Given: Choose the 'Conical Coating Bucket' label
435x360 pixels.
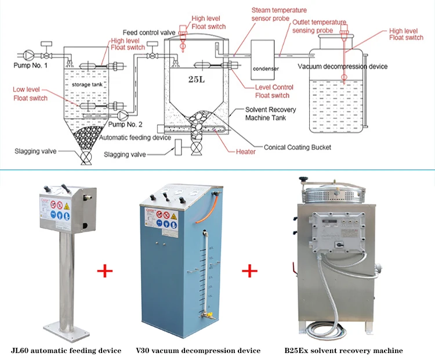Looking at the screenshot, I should (297, 147).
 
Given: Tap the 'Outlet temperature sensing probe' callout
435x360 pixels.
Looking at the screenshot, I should (318, 26).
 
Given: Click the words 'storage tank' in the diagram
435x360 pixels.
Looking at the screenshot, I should (86, 85).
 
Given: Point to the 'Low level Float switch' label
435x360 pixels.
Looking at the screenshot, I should (31, 93).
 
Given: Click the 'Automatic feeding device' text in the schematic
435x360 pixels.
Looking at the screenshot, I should (135, 138).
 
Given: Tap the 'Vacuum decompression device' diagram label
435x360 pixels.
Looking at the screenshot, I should (343, 66).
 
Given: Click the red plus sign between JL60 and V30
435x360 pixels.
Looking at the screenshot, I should (104, 271).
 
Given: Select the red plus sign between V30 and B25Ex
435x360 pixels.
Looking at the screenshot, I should (249, 271).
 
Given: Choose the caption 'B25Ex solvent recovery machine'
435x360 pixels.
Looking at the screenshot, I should (343, 350).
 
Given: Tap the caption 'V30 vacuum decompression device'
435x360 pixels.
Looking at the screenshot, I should (198, 350).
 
